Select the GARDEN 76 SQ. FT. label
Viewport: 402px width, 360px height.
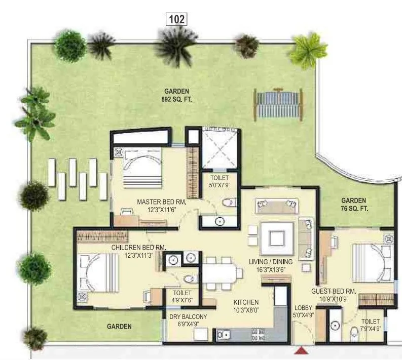(353, 205)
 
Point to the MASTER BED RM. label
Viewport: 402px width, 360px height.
(162, 206)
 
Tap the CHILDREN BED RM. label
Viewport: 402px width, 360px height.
(139, 251)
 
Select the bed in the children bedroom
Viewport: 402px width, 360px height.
(98, 272)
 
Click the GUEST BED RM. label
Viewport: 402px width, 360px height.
(334, 295)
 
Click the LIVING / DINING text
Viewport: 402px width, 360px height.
(268, 265)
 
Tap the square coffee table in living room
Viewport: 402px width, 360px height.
(277, 237)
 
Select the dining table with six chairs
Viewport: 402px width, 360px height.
(221, 272)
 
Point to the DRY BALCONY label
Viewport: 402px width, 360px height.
(189, 321)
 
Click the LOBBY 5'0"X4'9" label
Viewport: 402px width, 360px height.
(304, 311)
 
